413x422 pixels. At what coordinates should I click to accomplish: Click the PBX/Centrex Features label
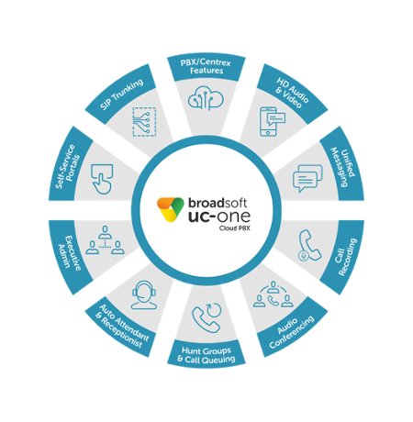206,67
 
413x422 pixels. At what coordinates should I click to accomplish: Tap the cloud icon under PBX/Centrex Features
206,98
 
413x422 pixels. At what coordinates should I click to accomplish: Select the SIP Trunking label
122,94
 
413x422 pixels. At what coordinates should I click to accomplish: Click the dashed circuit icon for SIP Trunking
144,121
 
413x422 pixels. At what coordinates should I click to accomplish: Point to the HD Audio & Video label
291,93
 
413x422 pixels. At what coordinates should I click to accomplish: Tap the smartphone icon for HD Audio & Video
272,121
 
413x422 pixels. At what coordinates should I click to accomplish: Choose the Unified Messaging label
343,167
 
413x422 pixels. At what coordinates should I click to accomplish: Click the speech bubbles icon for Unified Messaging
307,178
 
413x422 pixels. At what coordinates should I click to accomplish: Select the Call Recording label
346,257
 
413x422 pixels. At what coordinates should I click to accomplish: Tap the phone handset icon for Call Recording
309,246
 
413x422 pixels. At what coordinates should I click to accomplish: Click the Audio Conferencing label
291,331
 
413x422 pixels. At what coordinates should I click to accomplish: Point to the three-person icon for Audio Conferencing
273,294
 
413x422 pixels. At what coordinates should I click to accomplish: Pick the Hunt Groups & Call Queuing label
206,355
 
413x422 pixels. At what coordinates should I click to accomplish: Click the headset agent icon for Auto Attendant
144,295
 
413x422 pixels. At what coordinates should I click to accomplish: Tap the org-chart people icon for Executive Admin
105,240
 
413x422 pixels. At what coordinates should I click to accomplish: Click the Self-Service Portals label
68,166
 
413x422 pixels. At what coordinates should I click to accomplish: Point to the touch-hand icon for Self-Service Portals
102,179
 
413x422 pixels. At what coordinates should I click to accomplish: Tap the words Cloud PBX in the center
234,228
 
